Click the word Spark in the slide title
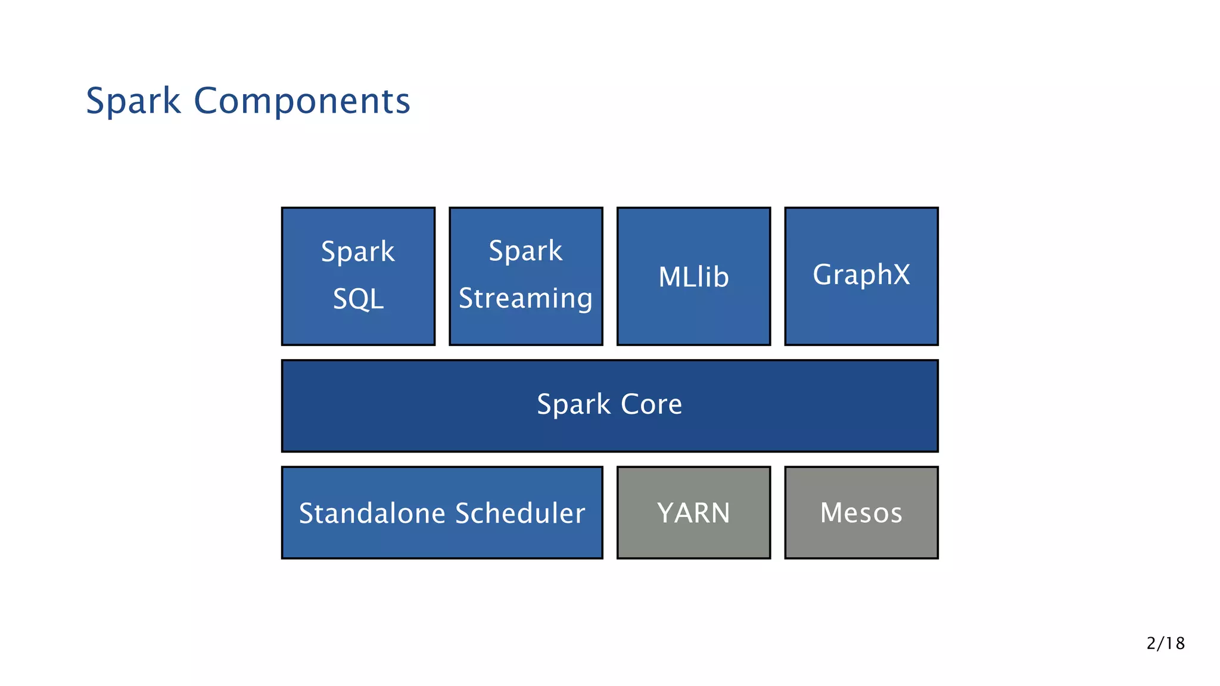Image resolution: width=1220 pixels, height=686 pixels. [x=133, y=101]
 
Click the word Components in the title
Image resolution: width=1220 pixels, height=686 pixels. [x=302, y=101]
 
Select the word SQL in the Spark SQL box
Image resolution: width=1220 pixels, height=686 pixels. [x=358, y=298]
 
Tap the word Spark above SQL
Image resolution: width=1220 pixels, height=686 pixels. [x=358, y=252]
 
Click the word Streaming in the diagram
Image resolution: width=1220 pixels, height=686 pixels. [x=525, y=298]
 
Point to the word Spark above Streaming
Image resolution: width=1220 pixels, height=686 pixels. [x=525, y=251]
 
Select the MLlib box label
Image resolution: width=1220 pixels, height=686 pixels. [x=693, y=277]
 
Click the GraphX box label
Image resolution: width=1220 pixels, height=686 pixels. [x=861, y=275]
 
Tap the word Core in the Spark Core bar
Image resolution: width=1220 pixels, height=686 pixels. [x=651, y=404]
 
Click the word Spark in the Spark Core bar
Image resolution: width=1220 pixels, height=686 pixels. [x=574, y=404]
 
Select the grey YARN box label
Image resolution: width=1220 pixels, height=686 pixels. [x=693, y=513]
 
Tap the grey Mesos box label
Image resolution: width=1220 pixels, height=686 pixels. [x=861, y=513]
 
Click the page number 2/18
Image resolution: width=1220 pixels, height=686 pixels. [x=1165, y=644]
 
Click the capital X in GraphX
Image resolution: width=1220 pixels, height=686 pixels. [x=900, y=275]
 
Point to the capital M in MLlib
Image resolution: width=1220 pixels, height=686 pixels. [x=669, y=277]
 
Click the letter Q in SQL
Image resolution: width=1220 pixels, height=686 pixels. [x=359, y=299]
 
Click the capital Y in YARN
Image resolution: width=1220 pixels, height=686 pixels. [x=666, y=513]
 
